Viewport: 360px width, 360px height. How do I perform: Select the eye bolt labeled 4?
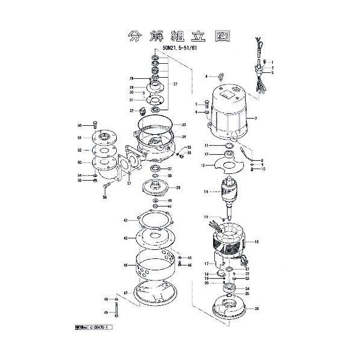220,76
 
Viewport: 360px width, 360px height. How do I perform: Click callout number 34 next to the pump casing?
184,137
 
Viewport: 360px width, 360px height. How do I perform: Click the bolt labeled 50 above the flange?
95,124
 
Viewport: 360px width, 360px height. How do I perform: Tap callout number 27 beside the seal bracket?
175,84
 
